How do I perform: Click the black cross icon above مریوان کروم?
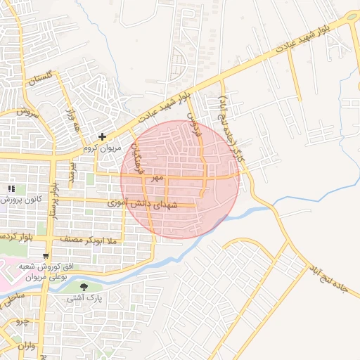click(103, 136)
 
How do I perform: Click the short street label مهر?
click(156, 179)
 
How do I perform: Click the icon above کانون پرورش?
click(11, 188)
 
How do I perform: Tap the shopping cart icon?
click(46, 255)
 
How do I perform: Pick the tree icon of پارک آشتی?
click(85, 286)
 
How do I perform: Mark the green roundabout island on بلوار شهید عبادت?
click(352, 17)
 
